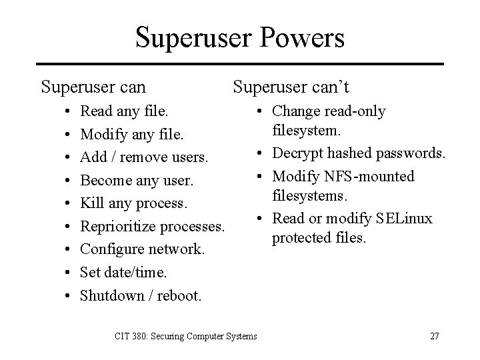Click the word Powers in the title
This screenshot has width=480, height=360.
click(301, 37)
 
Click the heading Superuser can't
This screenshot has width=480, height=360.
click(291, 87)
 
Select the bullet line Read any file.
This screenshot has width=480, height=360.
click(124, 111)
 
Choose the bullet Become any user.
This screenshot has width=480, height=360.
click(136, 181)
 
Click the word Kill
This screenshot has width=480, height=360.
click(90, 203)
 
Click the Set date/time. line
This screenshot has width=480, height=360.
click(124, 272)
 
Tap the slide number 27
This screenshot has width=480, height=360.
click(435, 336)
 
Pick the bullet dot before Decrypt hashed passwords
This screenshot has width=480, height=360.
click(258, 153)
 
